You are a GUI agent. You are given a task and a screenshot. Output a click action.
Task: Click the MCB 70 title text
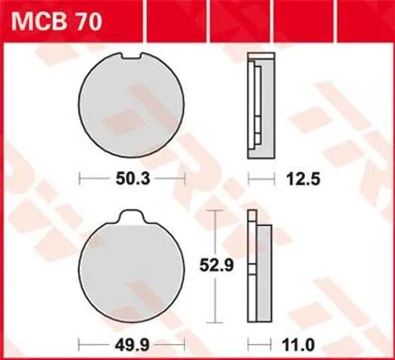[56, 22]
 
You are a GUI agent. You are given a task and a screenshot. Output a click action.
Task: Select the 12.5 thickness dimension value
[303, 180]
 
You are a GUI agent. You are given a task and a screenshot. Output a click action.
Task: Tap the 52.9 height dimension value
[217, 266]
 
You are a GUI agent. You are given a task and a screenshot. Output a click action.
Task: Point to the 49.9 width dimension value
[133, 346]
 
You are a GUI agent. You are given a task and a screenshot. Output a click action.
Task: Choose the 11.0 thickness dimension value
[297, 346]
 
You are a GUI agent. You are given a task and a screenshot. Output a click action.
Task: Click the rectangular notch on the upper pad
[132, 55]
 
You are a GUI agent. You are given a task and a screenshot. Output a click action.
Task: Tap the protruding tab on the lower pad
[132, 217]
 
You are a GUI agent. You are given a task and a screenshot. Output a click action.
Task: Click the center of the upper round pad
[132, 105]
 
